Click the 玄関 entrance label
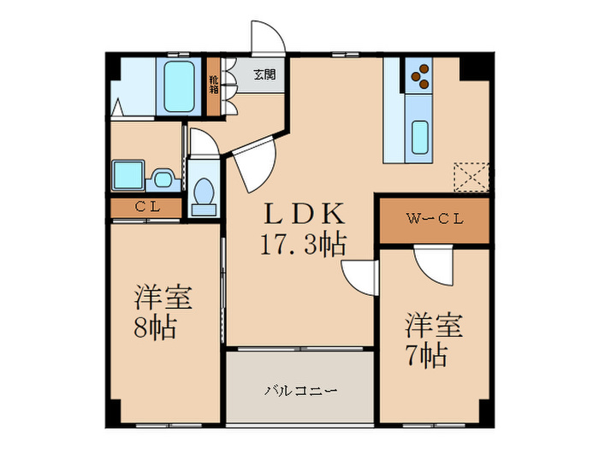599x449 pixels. tap(264, 74)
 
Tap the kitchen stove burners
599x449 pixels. tap(418, 79)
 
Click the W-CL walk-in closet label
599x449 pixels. tap(434, 220)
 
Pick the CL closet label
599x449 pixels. tap(145, 206)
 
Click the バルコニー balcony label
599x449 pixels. tap(300, 392)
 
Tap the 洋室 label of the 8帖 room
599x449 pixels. tap(163, 298)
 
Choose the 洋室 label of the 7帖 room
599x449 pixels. tap(434, 325)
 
